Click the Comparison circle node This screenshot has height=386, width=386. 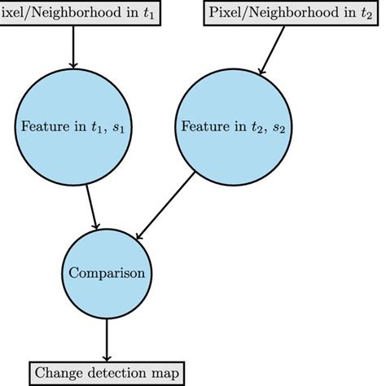pyautogui.click(x=107, y=274)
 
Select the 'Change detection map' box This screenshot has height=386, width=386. pyautogui.click(x=107, y=373)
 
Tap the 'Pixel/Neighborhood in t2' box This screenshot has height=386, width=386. pyautogui.click(x=291, y=13)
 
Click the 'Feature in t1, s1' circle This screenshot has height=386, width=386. pyautogui.click(x=73, y=127)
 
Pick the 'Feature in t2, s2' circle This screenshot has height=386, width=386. pyautogui.click(x=234, y=127)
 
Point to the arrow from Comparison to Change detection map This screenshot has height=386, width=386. pyautogui.click(x=107, y=340)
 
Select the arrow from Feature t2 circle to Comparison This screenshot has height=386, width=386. pyautogui.click(x=165, y=205)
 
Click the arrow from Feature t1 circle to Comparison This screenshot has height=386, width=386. pyautogui.click(x=91, y=207)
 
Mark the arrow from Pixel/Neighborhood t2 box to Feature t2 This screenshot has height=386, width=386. pyautogui.click(x=272, y=50)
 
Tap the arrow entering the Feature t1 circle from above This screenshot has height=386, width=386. pyautogui.click(x=73, y=47)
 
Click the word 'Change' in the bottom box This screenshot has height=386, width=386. pyautogui.click(x=59, y=373)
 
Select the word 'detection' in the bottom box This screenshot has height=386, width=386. pyautogui.click(x=117, y=373)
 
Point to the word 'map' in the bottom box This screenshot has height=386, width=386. pyautogui.click(x=165, y=375)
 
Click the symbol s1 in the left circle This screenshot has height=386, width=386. pyautogui.click(x=118, y=128)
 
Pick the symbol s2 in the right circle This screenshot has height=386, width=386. pyautogui.click(x=279, y=128)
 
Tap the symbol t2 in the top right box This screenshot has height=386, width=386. pyautogui.click(x=366, y=14)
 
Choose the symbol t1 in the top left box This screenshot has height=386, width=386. pyautogui.click(x=149, y=14)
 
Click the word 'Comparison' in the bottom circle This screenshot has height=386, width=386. pyautogui.click(x=107, y=273)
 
